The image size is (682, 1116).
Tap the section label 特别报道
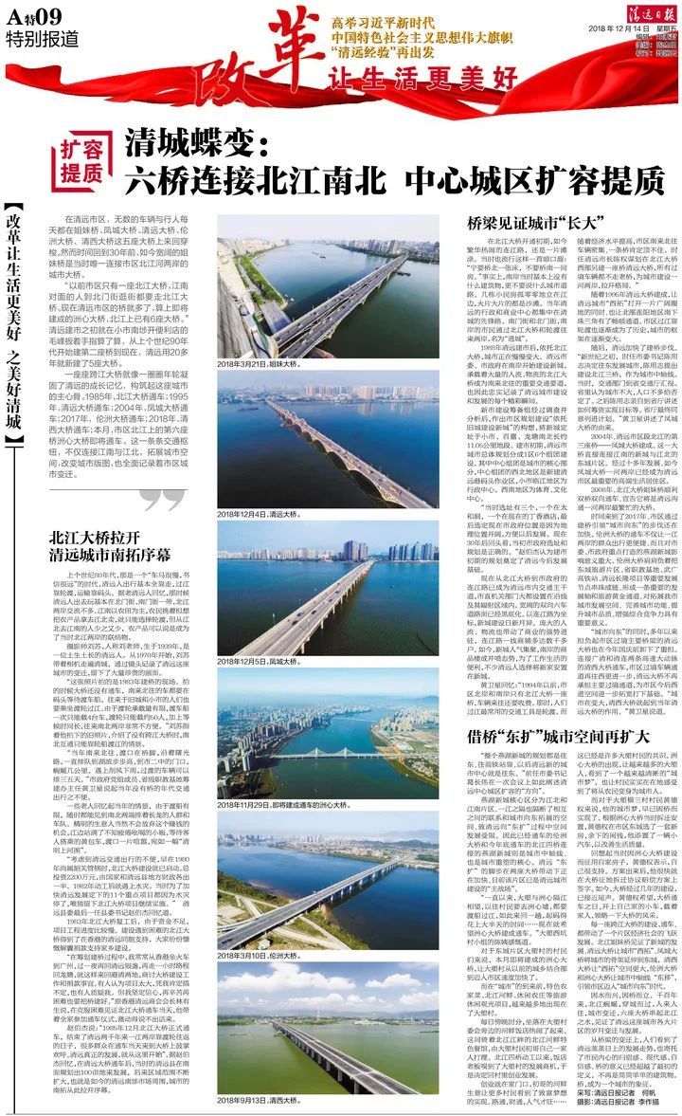(34, 39)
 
